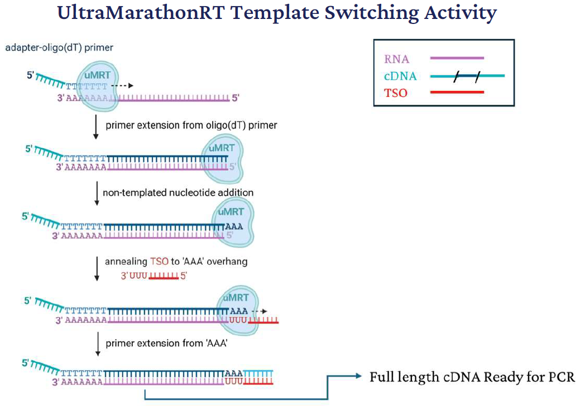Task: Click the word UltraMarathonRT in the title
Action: tap(141, 13)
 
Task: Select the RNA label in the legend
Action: tap(396, 59)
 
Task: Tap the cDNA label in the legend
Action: tap(400, 76)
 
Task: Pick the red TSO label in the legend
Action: tap(395, 93)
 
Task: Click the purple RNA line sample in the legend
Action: tap(457, 58)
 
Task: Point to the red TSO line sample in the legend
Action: tap(457, 92)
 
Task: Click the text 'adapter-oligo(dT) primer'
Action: tap(59, 47)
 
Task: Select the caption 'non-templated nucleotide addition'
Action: tap(178, 192)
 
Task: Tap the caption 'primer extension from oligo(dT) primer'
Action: tap(191, 125)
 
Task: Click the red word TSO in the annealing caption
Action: tap(159, 261)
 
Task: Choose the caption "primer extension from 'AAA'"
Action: tap(166, 343)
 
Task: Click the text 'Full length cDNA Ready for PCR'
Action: tap(472, 377)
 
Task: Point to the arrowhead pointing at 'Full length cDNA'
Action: tap(358, 376)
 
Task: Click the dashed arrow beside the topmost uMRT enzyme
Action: tap(122, 86)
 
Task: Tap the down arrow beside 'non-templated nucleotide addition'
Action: tap(97, 193)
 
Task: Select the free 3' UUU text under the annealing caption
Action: tap(135, 276)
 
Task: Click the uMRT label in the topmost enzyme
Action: tap(97, 75)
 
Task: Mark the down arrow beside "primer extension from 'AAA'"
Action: tap(98, 344)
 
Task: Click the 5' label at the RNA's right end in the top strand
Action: tap(236, 98)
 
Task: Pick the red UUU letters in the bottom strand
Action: tap(234, 381)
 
